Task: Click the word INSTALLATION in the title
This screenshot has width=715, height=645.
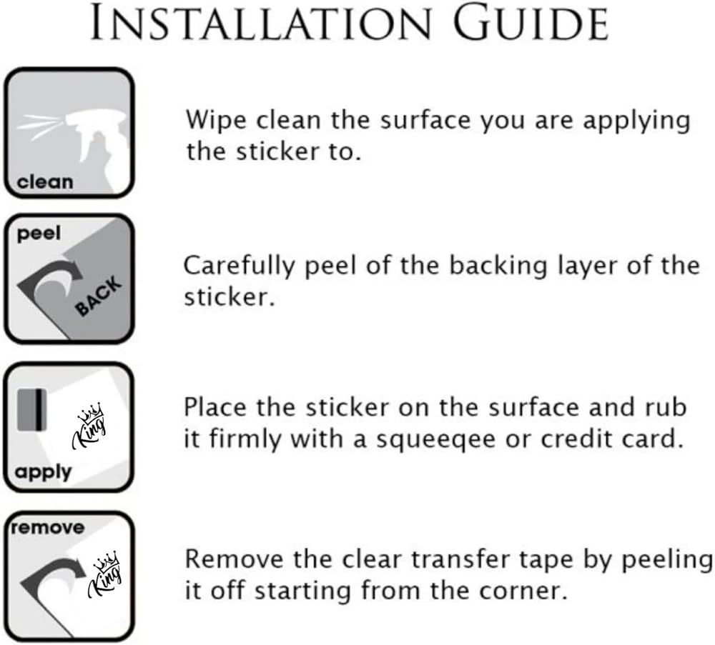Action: tap(261, 24)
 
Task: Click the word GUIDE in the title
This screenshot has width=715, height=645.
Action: tap(531, 24)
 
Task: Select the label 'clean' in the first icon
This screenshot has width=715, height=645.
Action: tap(44, 182)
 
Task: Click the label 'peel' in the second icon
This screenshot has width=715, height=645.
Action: tap(39, 234)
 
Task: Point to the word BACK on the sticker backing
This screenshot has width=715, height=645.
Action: tap(99, 296)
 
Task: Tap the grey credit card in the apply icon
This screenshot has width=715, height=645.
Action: tap(32, 410)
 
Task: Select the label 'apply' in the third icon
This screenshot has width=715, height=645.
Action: tap(44, 473)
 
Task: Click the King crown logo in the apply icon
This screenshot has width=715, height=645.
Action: tap(89, 426)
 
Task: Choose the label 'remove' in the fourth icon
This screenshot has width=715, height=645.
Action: tap(48, 528)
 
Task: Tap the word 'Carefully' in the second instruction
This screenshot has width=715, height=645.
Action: tap(240, 266)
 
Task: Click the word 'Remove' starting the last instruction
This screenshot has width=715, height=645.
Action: tap(234, 559)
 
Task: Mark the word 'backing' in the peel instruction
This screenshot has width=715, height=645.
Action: tap(498, 266)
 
